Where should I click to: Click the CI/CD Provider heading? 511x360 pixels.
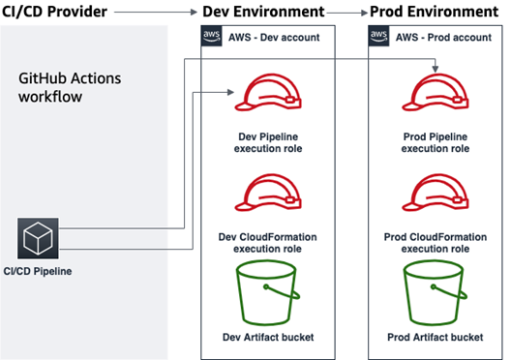60,11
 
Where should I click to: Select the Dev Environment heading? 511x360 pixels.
262,11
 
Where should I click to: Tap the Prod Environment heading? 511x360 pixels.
434,11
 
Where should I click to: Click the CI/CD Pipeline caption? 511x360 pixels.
39,270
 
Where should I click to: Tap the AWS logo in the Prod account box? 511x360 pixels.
379,36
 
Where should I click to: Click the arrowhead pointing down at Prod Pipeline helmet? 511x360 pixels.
436,69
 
